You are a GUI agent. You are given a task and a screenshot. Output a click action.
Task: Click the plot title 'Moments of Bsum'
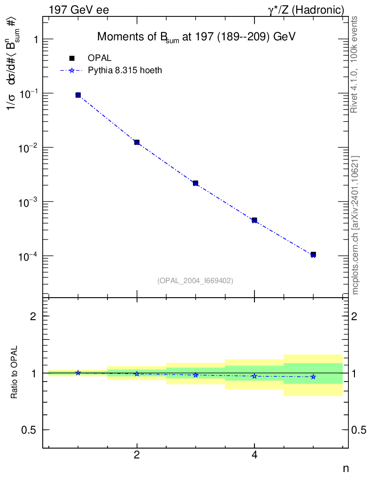click(x=196, y=37)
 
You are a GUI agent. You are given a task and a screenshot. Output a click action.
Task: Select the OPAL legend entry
click(x=99, y=58)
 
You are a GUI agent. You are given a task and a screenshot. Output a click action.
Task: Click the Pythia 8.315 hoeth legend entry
click(x=125, y=70)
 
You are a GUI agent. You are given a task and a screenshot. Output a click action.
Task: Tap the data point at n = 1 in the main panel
click(x=78, y=95)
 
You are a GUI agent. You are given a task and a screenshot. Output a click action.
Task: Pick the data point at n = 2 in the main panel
click(x=137, y=142)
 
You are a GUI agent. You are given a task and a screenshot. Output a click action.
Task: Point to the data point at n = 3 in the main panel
click(x=195, y=183)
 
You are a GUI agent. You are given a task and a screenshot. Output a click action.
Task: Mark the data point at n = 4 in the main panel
click(x=254, y=220)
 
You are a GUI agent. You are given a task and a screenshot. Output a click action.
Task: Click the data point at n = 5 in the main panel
click(x=313, y=255)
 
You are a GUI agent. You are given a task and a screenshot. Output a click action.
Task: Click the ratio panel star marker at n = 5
click(x=313, y=377)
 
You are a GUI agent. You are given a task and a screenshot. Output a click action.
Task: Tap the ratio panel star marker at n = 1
click(x=78, y=373)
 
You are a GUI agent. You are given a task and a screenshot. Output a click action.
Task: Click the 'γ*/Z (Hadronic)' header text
click(x=306, y=9)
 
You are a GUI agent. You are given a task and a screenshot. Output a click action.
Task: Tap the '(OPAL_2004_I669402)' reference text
click(x=195, y=280)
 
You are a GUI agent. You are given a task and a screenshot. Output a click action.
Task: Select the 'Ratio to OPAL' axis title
click(x=15, y=373)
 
